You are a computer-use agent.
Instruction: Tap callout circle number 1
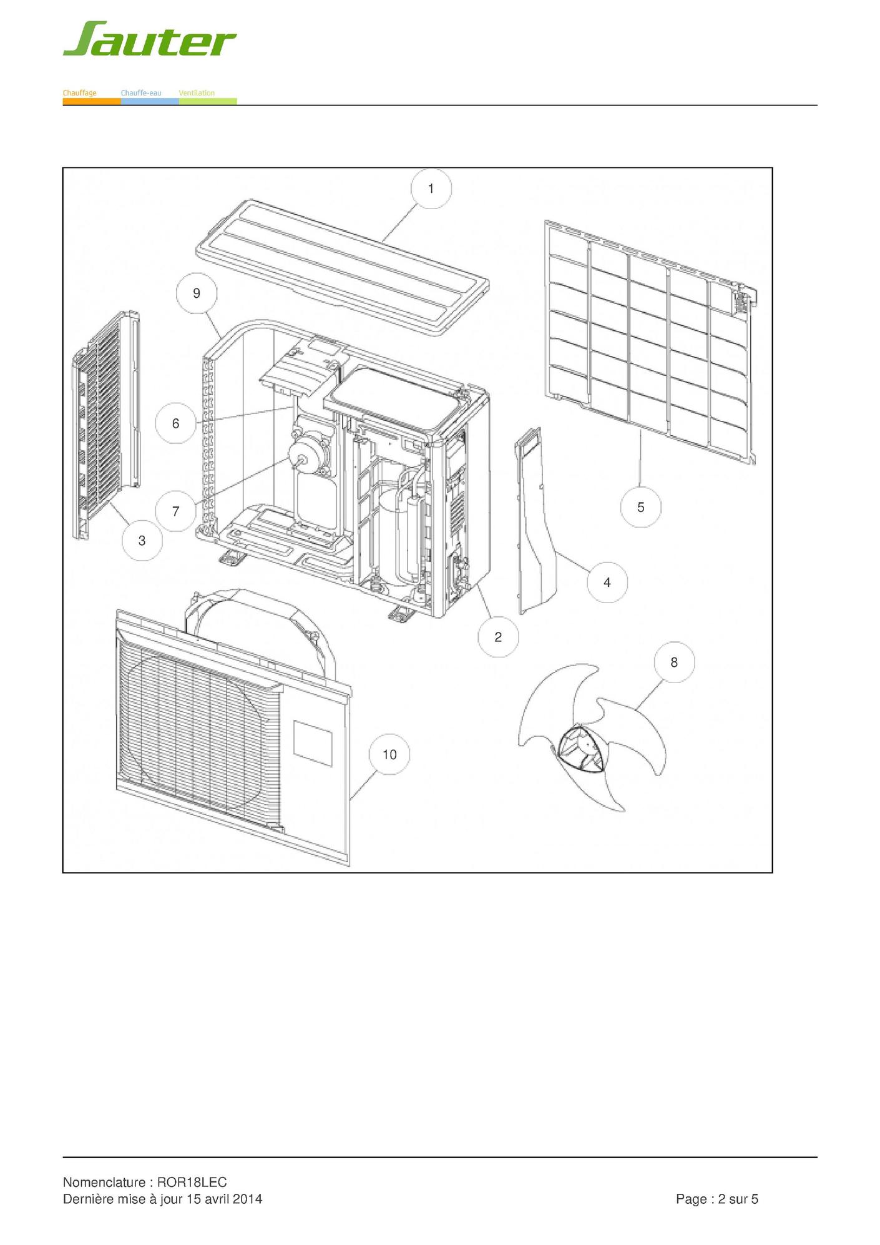[x=431, y=189]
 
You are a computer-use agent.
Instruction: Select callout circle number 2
[x=498, y=637]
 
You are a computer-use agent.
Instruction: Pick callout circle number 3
[x=142, y=540]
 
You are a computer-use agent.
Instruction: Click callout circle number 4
[x=607, y=582]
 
